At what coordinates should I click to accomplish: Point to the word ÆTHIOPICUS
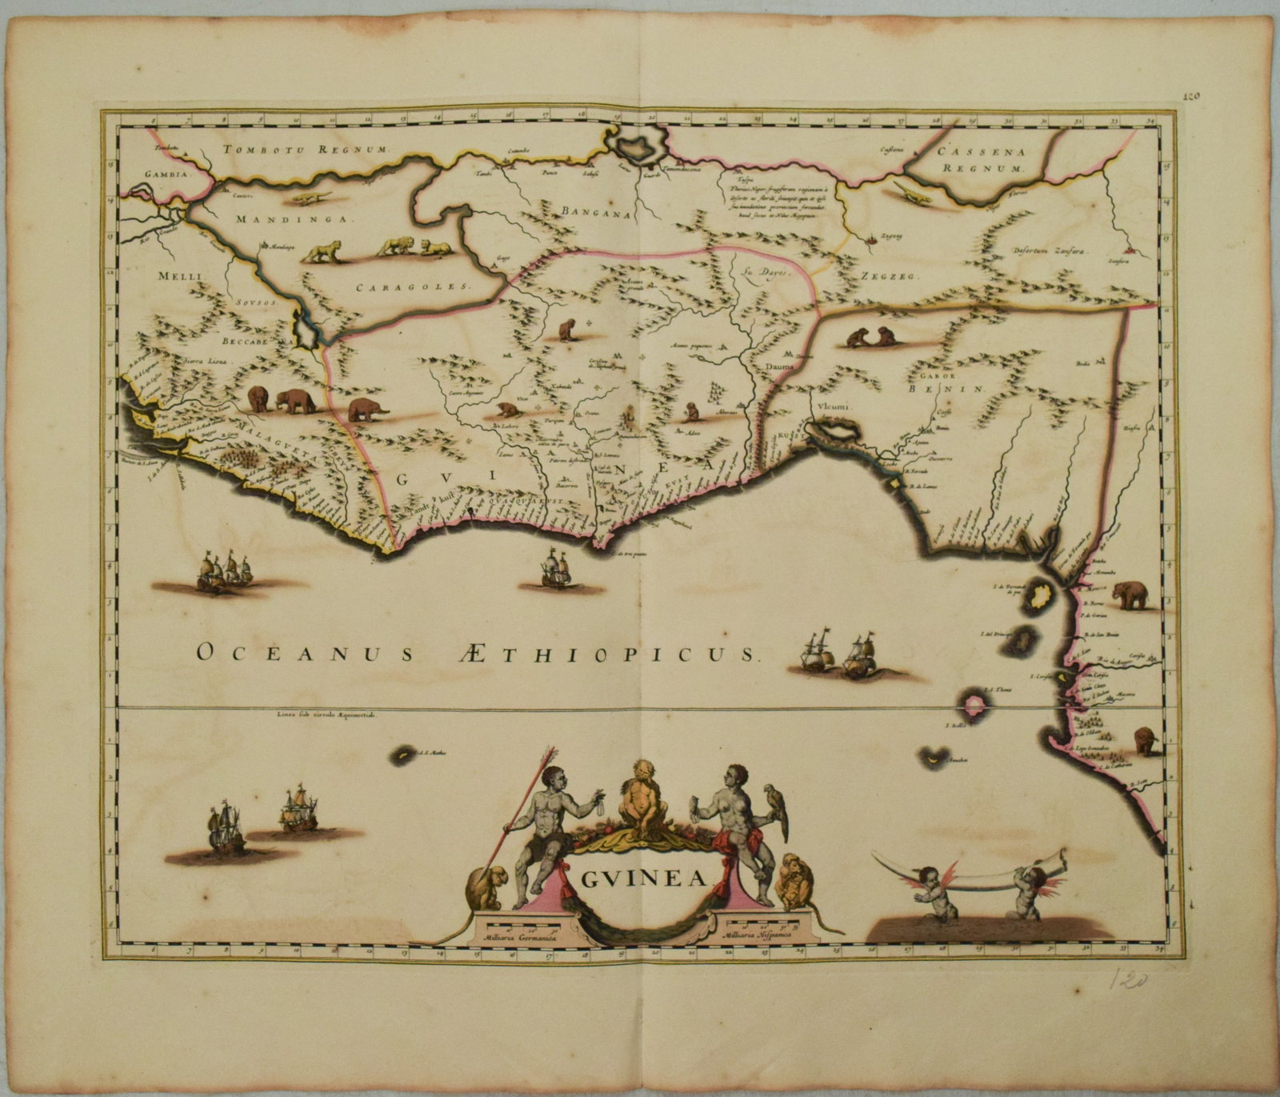[595, 654]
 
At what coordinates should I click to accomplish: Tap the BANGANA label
[596, 212]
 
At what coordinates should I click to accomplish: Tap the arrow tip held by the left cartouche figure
[549, 753]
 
